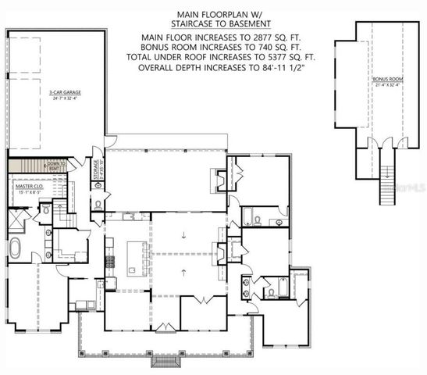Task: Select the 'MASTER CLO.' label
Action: (29, 187)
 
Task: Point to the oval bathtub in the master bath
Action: (17, 249)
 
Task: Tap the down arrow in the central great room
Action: (183, 234)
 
